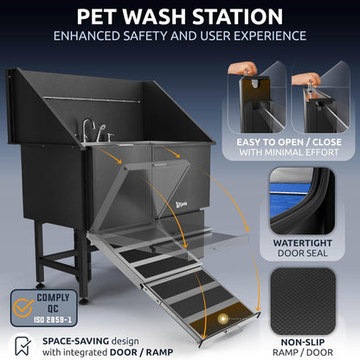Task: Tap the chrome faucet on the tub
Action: [x=88, y=130]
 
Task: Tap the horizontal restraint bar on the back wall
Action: [x=116, y=97]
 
